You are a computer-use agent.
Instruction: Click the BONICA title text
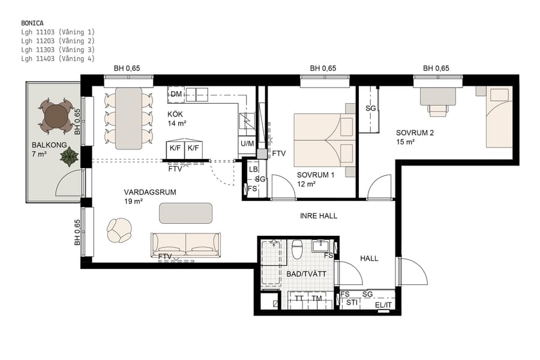point(32,23)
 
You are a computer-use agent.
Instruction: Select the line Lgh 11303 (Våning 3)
point(58,50)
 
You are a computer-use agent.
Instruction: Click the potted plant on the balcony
point(70,157)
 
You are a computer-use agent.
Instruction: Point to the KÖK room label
point(175,114)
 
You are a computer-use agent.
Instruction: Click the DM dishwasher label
point(176,95)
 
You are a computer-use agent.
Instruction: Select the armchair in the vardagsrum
point(119,229)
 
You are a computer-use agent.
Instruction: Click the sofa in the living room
point(185,244)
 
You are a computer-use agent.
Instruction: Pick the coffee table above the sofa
point(185,213)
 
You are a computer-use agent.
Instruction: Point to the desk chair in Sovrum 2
point(438,110)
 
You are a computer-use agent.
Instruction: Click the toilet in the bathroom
point(296,250)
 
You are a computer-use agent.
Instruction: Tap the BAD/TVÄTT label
point(306,274)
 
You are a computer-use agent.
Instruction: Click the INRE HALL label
point(319,215)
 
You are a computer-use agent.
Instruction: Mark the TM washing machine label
point(317,299)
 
